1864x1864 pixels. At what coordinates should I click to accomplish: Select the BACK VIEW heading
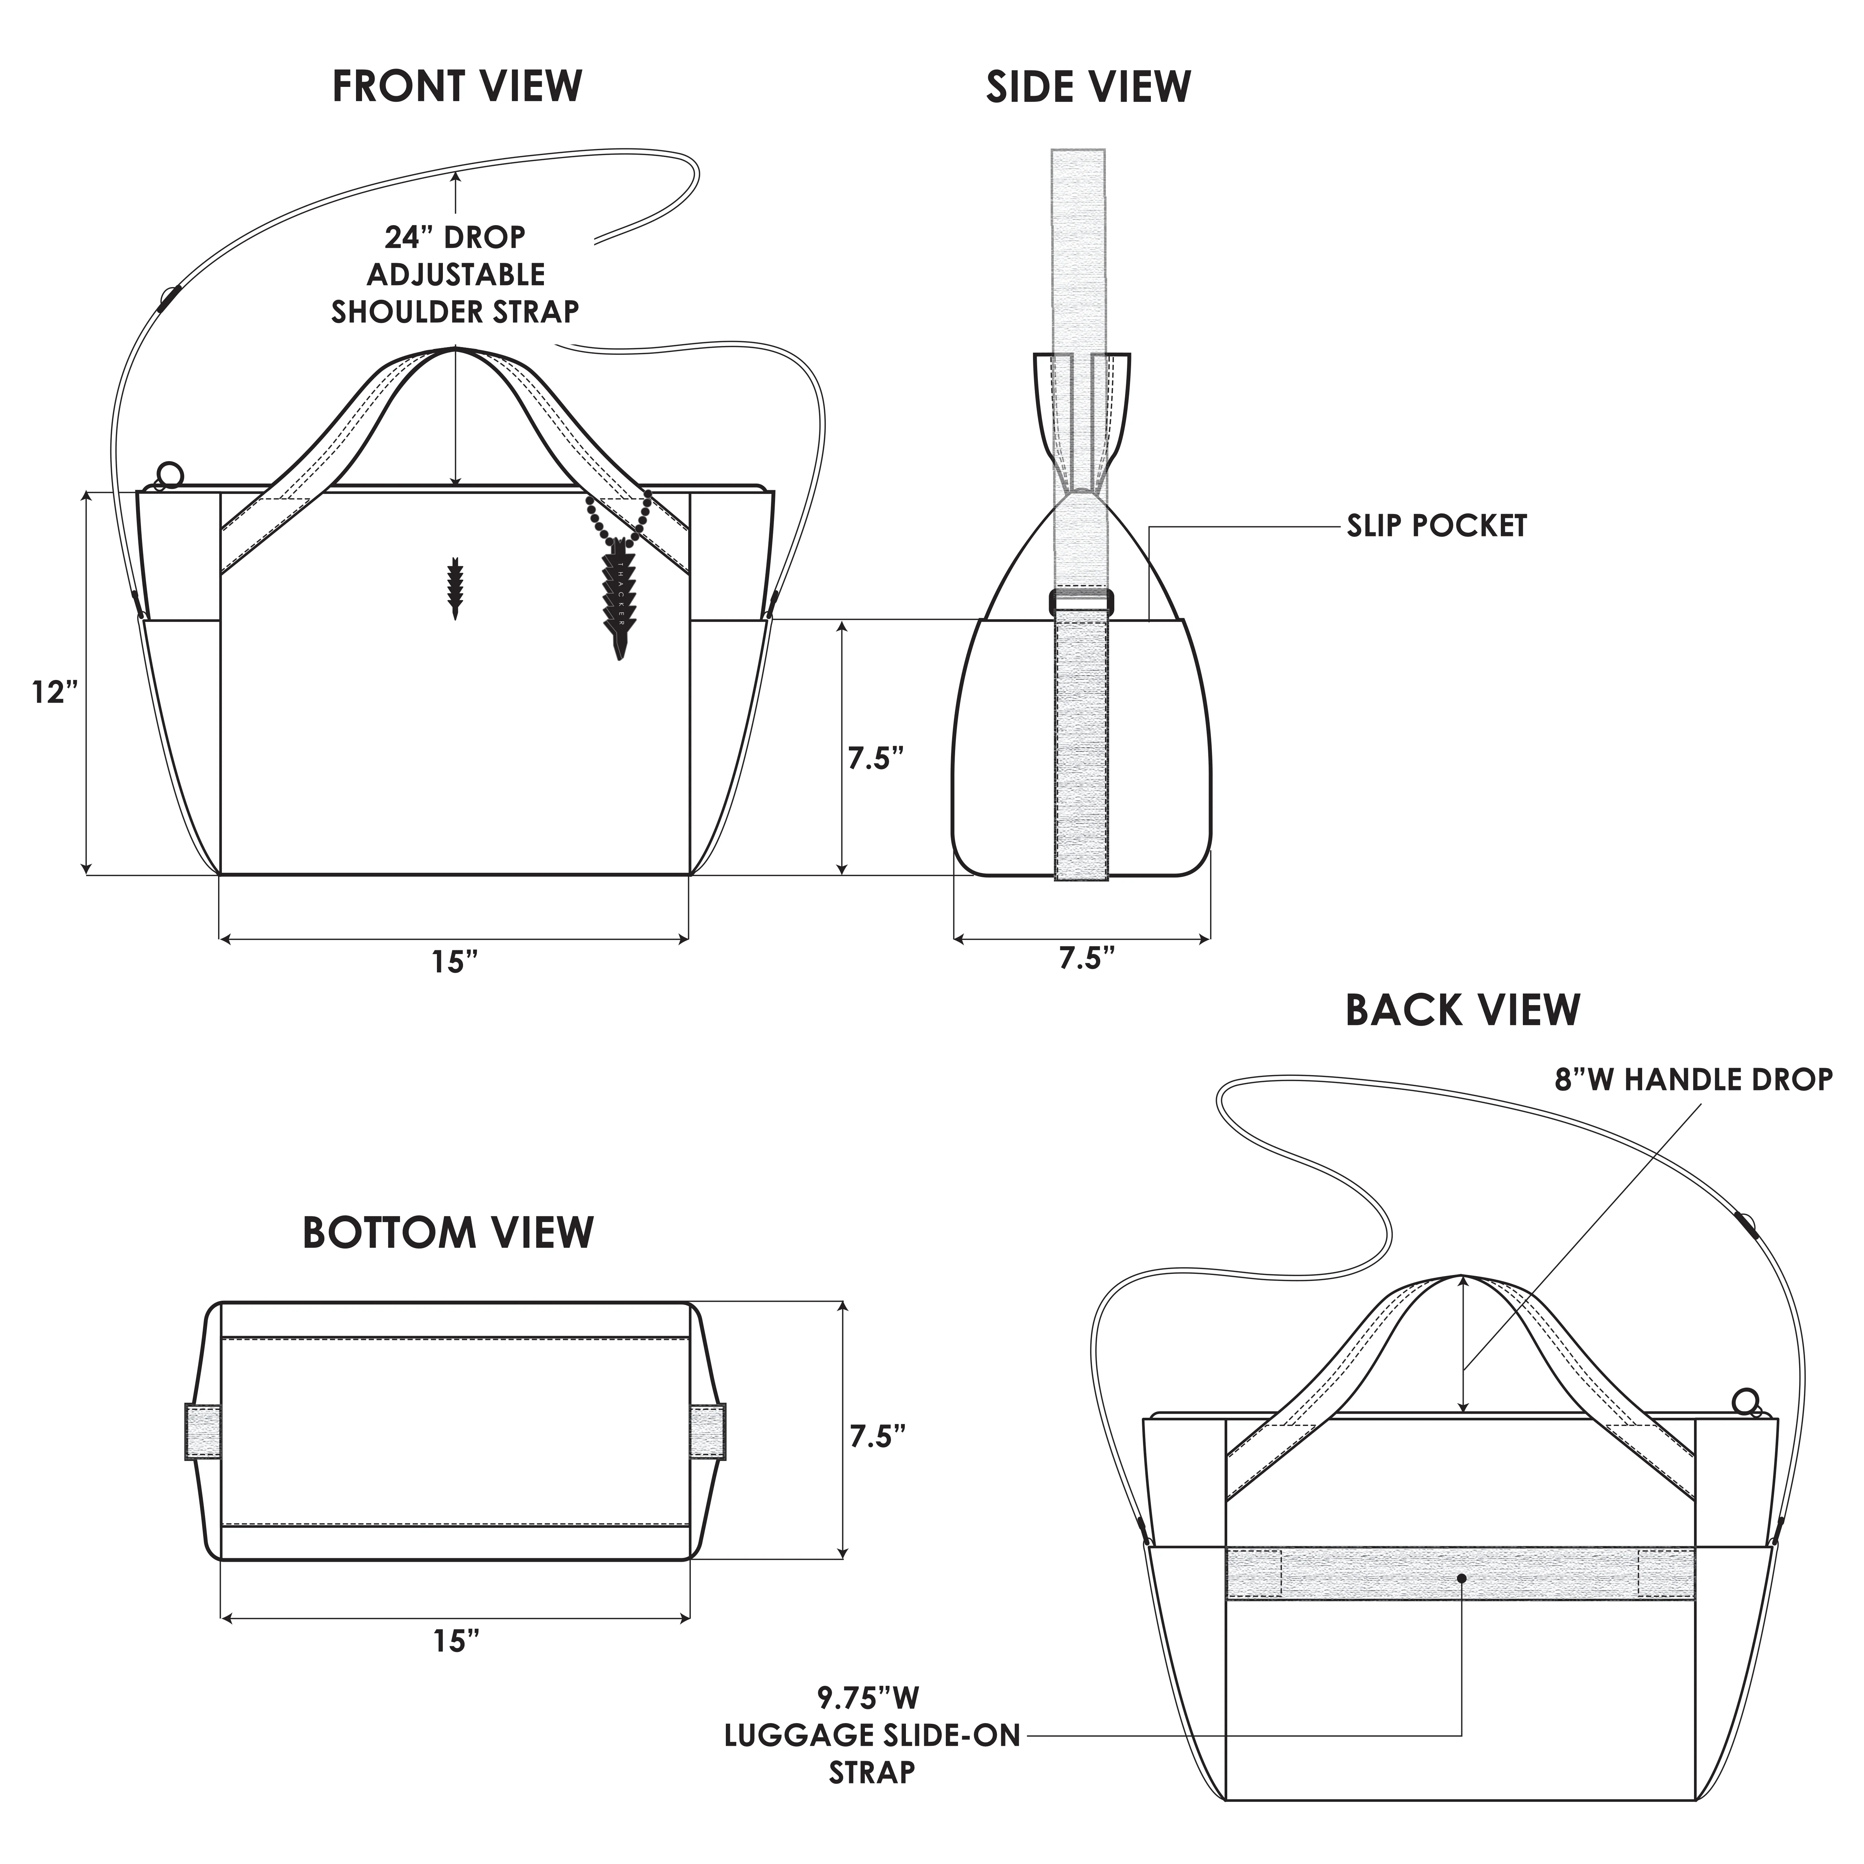(1462, 1010)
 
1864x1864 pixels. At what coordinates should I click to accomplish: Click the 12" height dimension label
(54, 692)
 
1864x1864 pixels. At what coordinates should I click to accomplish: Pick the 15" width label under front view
(454, 962)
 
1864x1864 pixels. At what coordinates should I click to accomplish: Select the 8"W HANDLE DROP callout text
(1693, 1079)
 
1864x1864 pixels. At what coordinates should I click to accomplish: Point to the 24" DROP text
(456, 236)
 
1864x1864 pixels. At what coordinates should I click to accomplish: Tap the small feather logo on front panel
(456, 586)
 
